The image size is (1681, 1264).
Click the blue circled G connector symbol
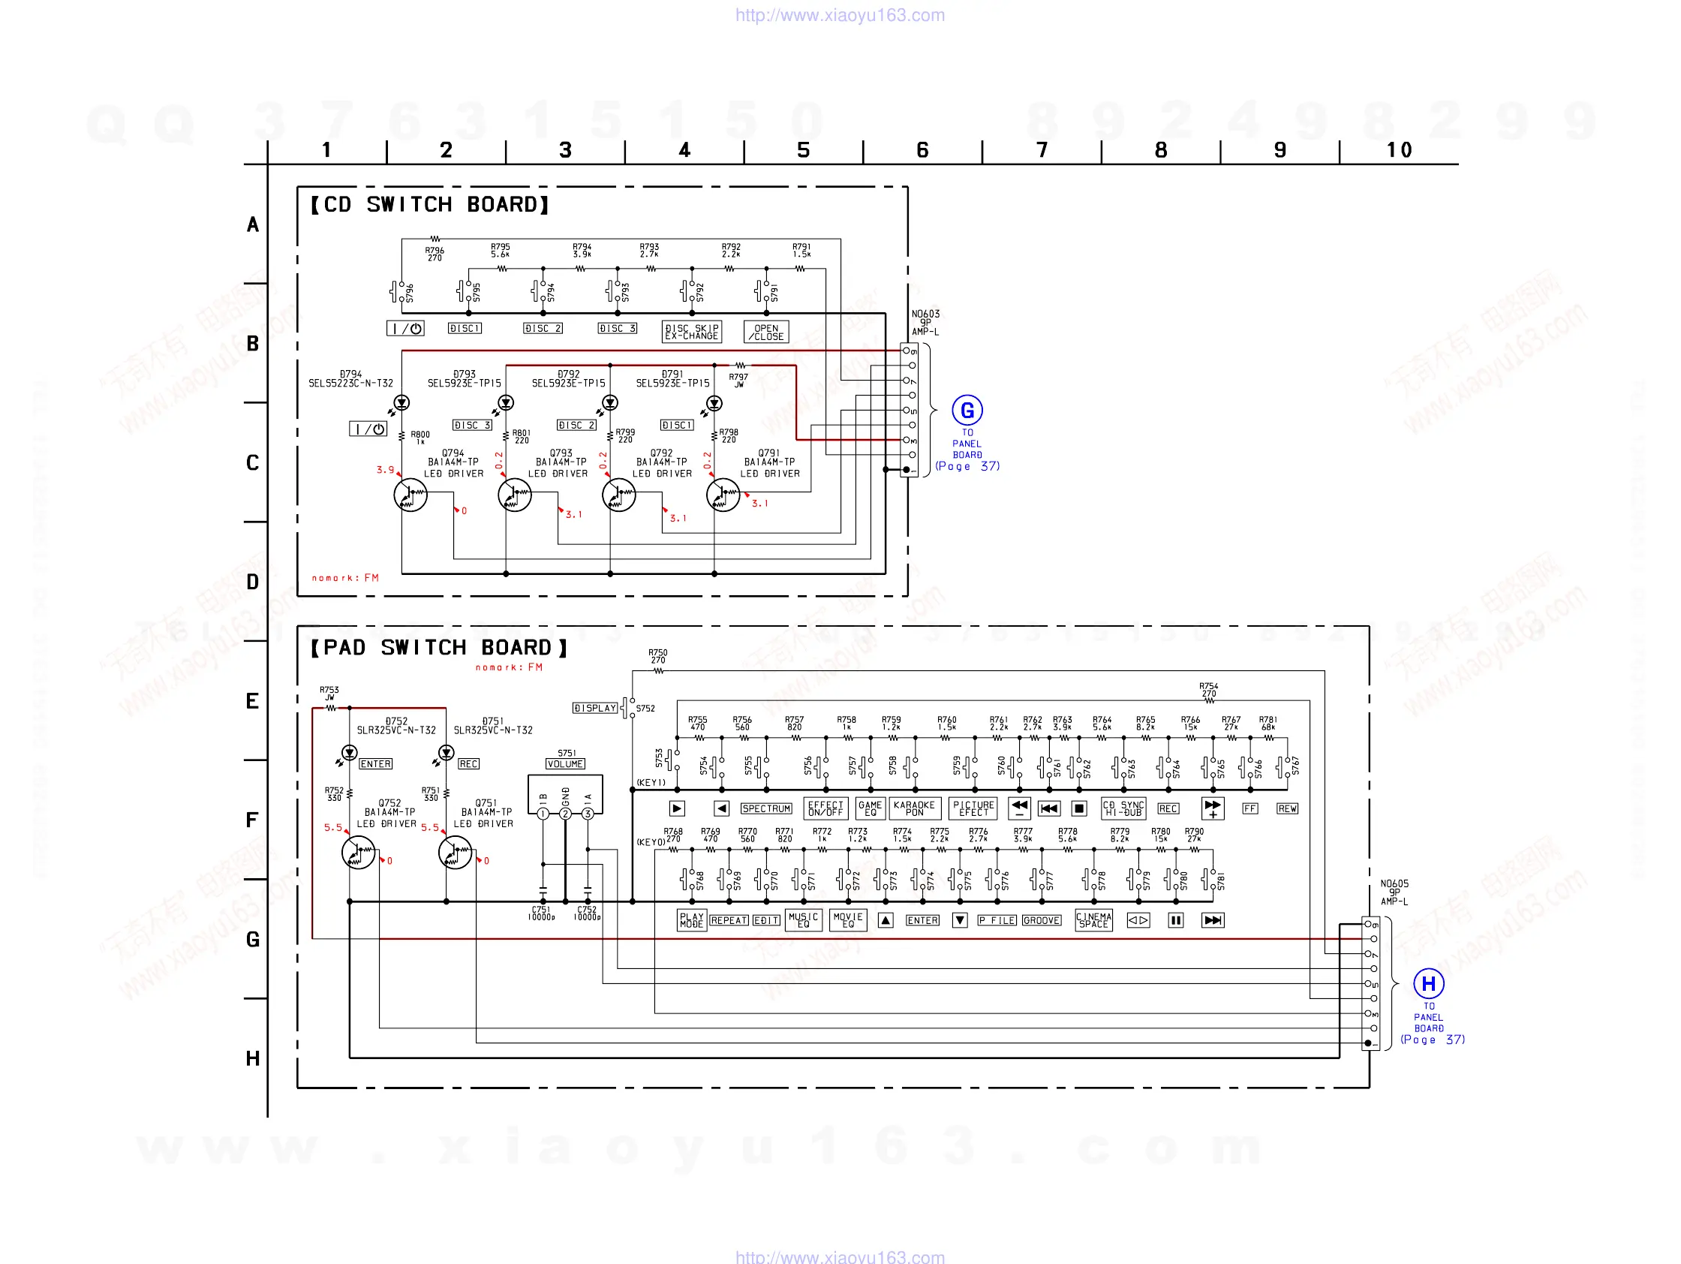[x=967, y=411]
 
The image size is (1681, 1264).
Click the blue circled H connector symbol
[x=1428, y=983]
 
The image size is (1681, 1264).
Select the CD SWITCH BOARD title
[x=429, y=204]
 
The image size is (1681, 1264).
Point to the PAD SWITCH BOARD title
[x=438, y=648]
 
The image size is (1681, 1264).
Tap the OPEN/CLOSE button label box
[x=766, y=333]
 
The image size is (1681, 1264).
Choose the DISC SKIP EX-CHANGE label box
[x=691, y=333]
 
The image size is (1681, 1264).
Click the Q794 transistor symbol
[x=410, y=495]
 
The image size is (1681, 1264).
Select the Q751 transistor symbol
[x=456, y=853]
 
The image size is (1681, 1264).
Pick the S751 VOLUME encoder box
[x=564, y=794]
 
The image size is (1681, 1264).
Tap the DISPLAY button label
[x=595, y=709]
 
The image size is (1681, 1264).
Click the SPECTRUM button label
[x=766, y=808]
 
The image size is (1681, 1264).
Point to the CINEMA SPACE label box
[x=1093, y=920]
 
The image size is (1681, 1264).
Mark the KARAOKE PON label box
[x=914, y=808]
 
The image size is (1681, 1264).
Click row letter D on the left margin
[x=252, y=582]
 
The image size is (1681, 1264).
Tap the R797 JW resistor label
[x=738, y=380]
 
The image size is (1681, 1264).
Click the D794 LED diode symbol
[x=401, y=403]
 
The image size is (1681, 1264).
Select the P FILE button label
[x=997, y=920]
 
